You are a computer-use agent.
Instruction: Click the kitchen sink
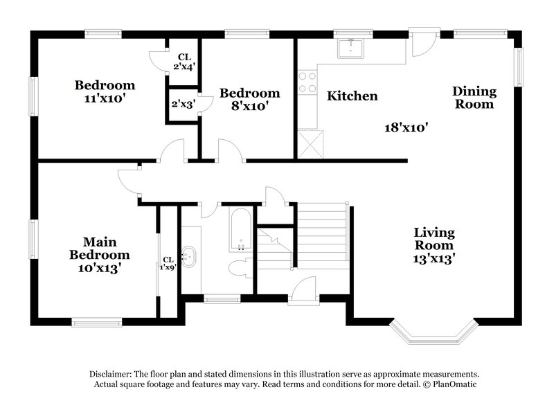(351, 49)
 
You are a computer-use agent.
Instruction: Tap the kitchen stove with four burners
(305, 84)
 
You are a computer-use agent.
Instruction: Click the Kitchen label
(352, 96)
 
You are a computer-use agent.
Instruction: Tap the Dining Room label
(474, 98)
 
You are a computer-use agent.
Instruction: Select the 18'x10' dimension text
(407, 127)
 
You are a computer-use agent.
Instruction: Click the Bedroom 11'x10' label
(105, 91)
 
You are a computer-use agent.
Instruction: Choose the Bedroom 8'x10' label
(249, 100)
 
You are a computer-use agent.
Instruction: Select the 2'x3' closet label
(184, 104)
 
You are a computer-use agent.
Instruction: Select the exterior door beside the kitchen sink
(420, 43)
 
